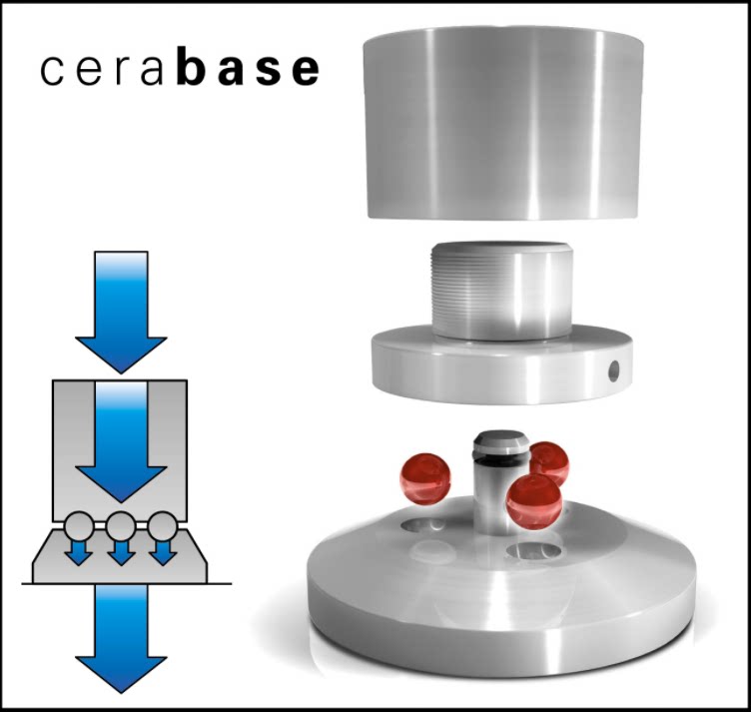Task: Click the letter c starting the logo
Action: coord(53,72)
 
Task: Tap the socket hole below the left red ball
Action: coord(424,523)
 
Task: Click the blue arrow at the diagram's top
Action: coord(120,310)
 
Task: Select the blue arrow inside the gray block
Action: coord(120,439)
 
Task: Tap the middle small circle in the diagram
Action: coord(120,522)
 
